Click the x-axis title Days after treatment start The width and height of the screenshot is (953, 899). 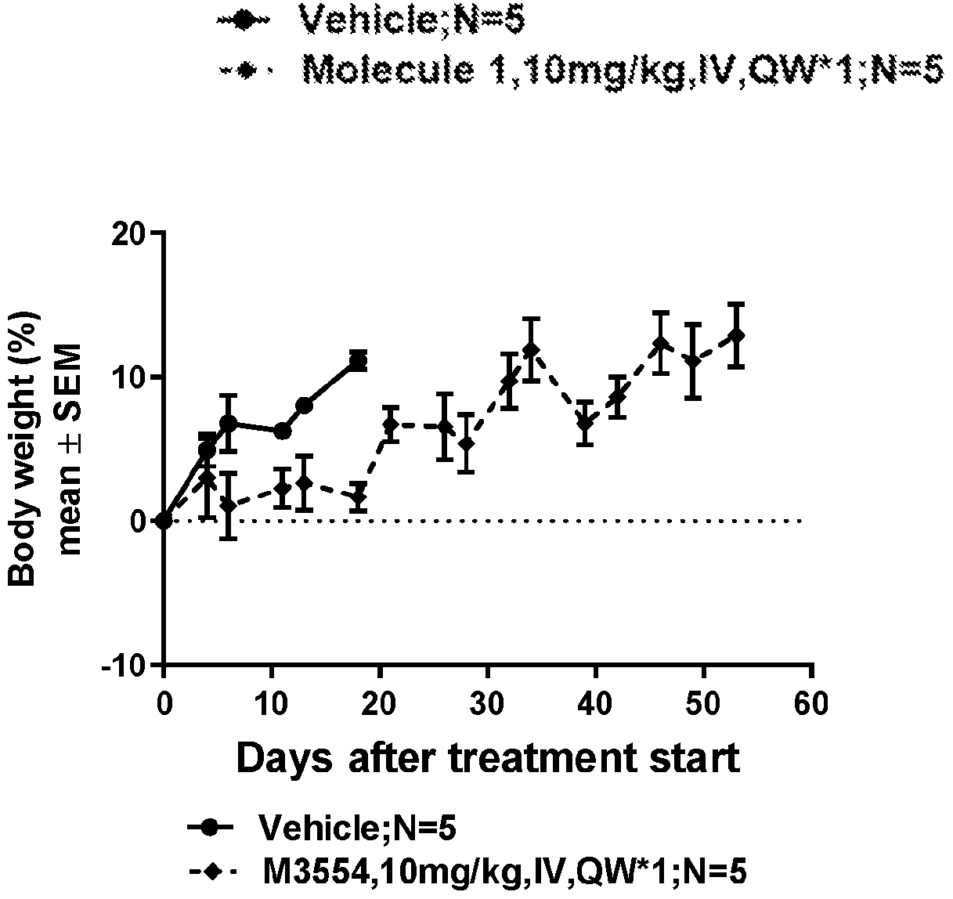[487, 758]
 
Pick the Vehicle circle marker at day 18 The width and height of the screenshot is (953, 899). [359, 361]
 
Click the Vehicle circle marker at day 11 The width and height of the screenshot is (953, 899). [283, 431]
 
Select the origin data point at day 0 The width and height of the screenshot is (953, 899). [163, 521]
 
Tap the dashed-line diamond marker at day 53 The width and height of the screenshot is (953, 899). [736, 335]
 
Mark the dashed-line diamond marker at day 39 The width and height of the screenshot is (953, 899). [585, 424]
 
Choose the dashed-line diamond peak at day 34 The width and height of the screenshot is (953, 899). [531, 349]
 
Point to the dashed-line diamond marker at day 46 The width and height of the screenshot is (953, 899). [661, 343]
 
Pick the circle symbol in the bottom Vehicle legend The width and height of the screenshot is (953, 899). [209, 827]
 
